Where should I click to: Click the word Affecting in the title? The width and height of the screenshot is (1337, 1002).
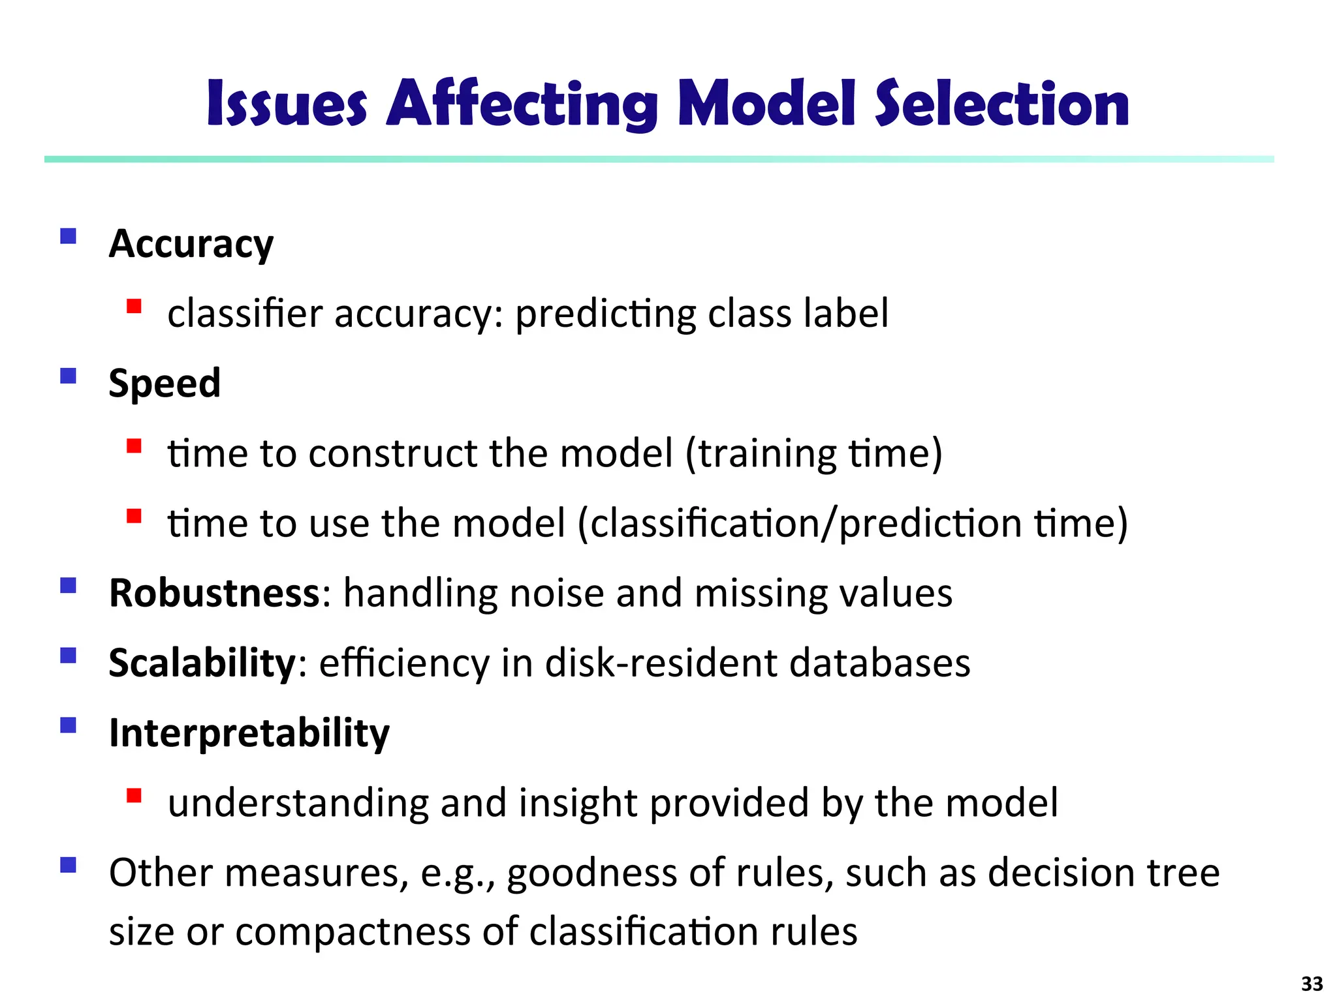click(522, 104)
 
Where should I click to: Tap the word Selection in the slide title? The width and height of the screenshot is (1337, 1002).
click(1001, 104)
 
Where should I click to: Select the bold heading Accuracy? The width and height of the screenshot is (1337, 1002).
click(191, 245)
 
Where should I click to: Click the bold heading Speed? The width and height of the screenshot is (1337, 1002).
click(165, 384)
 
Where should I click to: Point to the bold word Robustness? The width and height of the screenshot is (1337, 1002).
click(214, 593)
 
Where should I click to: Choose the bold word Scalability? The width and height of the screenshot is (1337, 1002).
click(202, 663)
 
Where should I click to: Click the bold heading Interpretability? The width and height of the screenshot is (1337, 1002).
click(249, 733)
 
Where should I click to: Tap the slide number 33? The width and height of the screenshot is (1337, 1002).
click(1312, 983)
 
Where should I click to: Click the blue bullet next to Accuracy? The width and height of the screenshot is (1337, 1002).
click(68, 235)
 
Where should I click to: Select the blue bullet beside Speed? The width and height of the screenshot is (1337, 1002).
click(68, 376)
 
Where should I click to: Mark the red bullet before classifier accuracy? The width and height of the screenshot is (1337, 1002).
click(134, 306)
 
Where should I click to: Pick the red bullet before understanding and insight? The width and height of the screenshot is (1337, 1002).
click(134, 795)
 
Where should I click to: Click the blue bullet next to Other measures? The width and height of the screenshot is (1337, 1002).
click(68, 865)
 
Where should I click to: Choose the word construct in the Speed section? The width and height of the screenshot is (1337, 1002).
click(392, 453)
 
